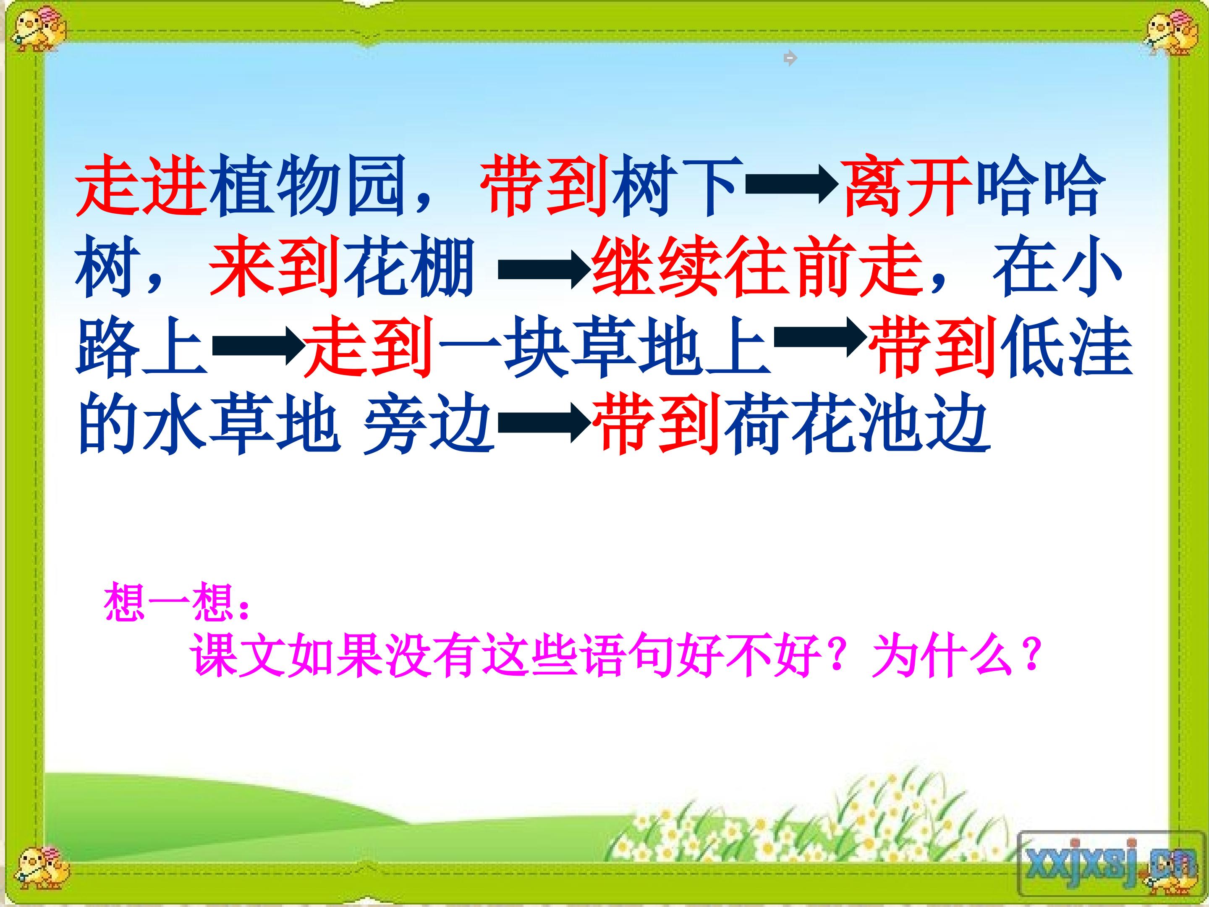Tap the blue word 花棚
(407, 267)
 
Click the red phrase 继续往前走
(757, 267)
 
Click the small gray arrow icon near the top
(790, 58)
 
